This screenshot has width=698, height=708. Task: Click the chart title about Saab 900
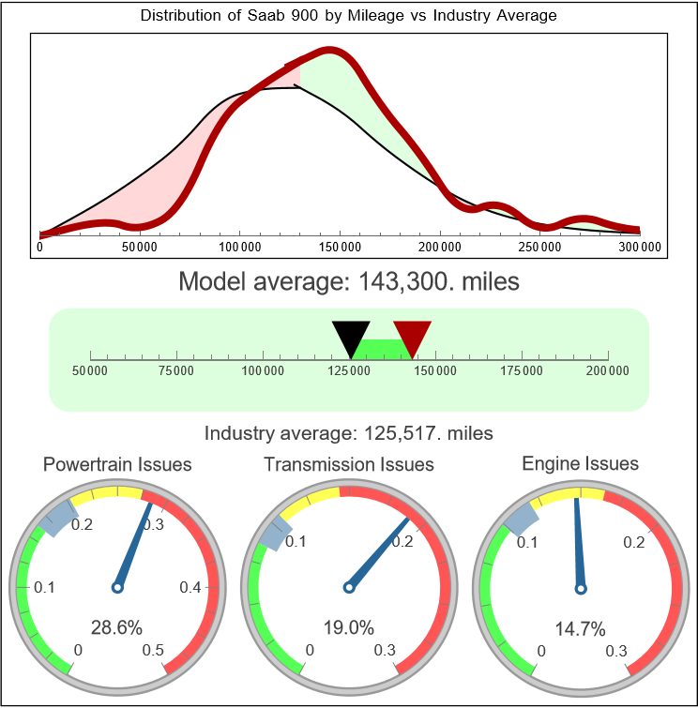pyautogui.click(x=348, y=16)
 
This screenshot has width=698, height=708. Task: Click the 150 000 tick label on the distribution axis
pyautogui.click(x=340, y=247)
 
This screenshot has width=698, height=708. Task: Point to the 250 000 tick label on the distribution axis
pyautogui.click(x=540, y=247)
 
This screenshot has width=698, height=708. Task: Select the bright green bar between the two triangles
pyautogui.click(x=382, y=348)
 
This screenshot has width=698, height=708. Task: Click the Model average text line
pyautogui.click(x=348, y=280)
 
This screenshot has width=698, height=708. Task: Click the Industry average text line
pyautogui.click(x=348, y=433)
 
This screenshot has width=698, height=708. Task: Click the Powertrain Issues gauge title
pyautogui.click(x=117, y=464)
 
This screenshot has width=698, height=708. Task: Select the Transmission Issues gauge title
pyautogui.click(x=349, y=464)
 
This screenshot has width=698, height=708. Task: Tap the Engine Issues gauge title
pyautogui.click(x=580, y=463)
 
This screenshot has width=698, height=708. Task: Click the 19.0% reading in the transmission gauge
pyautogui.click(x=349, y=627)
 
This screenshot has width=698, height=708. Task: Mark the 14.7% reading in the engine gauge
pyautogui.click(x=580, y=627)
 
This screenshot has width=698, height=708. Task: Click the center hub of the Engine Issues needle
pyautogui.click(x=581, y=588)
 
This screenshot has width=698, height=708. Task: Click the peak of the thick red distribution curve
pyautogui.click(x=329, y=52)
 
